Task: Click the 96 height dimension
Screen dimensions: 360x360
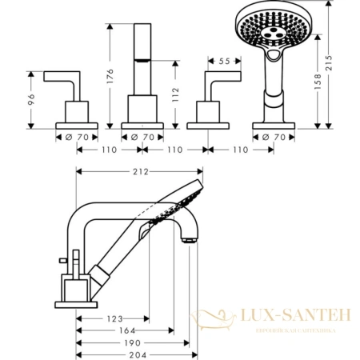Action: click(x=33, y=99)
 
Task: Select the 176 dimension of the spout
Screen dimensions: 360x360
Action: click(x=111, y=78)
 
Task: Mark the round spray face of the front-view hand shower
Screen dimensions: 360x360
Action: click(x=274, y=29)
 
